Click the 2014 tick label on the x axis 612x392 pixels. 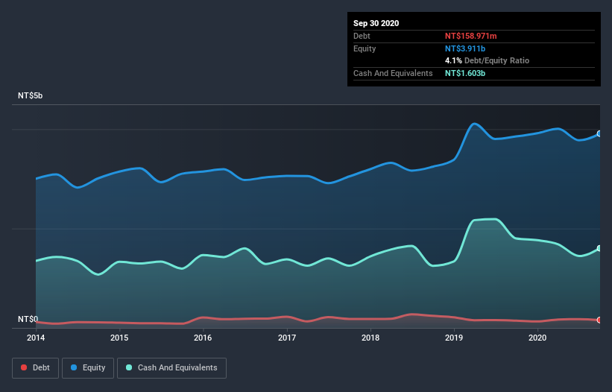[36, 338]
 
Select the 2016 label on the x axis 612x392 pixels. [202, 338]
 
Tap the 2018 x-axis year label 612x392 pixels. [369, 338]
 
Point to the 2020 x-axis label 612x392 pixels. [536, 338]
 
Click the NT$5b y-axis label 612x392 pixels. [31, 96]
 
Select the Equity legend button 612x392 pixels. [88, 367]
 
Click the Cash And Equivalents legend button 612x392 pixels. [171, 367]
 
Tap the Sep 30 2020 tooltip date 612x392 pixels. [376, 23]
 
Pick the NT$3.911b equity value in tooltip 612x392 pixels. [465, 48]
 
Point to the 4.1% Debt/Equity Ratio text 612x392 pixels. [488, 60]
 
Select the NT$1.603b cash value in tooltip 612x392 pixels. [465, 73]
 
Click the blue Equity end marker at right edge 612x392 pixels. [599, 134]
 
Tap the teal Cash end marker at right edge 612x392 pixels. [599, 248]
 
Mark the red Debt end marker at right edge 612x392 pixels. [599, 320]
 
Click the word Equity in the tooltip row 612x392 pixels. [365, 48]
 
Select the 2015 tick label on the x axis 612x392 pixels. [119, 338]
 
